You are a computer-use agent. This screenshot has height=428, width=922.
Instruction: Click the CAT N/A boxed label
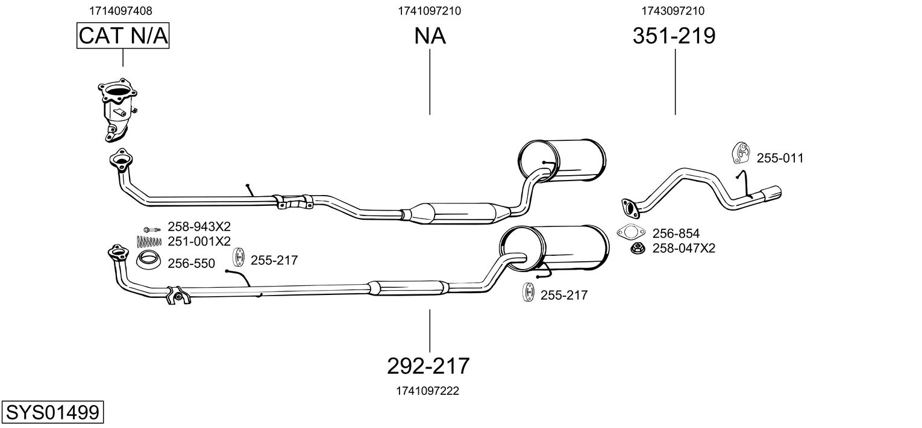click(123, 36)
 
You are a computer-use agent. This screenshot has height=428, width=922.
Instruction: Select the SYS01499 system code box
click(52, 413)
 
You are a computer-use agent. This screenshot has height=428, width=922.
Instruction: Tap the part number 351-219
click(674, 36)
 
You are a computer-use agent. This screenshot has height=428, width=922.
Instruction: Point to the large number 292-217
click(428, 365)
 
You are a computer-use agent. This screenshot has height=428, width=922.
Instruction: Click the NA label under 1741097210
click(430, 36)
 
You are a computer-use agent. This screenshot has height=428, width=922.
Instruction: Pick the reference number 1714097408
click(121, 10)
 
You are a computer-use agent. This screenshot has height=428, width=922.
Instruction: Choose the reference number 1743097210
click(673, 10)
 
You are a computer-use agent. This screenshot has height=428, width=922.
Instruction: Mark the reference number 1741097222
click(428, 391)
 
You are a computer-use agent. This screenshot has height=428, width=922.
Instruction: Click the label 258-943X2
click(199, 227)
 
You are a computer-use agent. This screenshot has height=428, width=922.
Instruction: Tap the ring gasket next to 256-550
click(148, 261)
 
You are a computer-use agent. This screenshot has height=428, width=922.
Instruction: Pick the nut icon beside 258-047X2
click(635, 248)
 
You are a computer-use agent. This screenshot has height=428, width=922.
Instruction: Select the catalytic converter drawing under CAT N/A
click(117, 110)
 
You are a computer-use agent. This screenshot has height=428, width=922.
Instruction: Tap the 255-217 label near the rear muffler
click(563, 295)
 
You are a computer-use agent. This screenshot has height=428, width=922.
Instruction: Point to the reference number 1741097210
click(430, 10)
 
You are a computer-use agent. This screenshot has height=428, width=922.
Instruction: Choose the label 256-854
click(676, 233)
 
